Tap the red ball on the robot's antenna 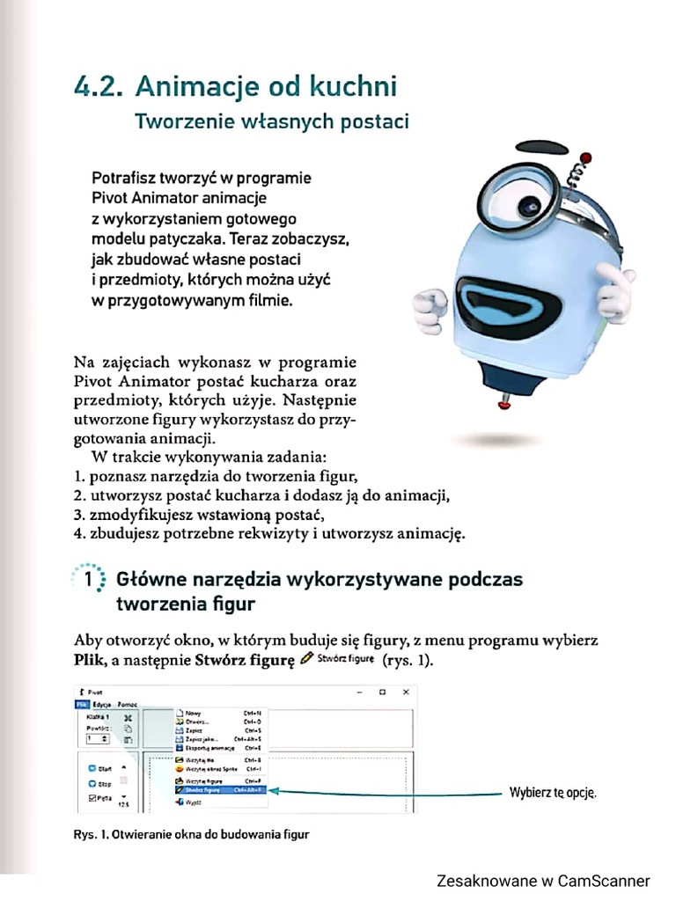tap(579, 160)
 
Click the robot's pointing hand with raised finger tap(617, 290)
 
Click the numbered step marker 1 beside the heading tap(89, 581)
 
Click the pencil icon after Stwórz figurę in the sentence tap(306, 660)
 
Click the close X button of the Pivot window tap(405, 692)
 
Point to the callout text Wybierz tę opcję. tap(553, 792)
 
